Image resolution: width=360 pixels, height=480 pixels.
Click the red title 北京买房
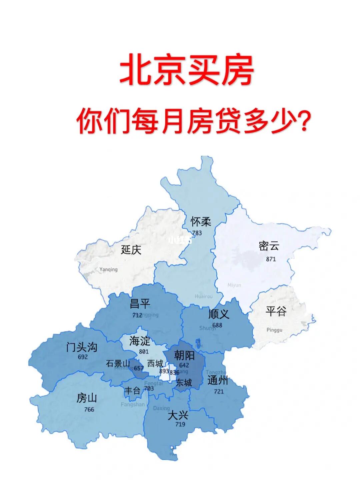tap(187, 71)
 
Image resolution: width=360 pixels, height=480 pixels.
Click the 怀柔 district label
tap(201, 221)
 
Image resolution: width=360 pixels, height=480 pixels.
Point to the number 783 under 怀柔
tap(197, 233)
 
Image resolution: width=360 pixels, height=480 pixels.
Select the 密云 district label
tap(269, 246)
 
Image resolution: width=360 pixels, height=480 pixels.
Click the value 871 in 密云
tap(271, 259)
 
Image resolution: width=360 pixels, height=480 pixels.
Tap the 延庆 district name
tap(131, 250)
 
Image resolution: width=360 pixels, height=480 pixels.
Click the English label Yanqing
tap(109, 269)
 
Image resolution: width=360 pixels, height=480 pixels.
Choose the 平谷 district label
tap(276, 312)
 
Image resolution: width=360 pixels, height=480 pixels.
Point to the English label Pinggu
tap(274, 330)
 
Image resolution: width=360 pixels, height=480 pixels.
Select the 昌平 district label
tap(140, 304)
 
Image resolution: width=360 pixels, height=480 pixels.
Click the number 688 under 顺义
tap(217, 325)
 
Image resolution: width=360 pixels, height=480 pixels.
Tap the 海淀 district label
tap(140, 341)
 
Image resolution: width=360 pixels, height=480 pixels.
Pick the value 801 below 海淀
tap(144, 352)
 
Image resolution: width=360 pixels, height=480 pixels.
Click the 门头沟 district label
tap(82, 347)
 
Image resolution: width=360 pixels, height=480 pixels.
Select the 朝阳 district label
tap(184, 355)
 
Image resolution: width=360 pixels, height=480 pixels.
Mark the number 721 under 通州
tap(219, 391)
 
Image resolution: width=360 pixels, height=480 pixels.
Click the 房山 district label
tap(87, 398)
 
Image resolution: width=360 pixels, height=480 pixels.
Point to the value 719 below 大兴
tap(180, 424)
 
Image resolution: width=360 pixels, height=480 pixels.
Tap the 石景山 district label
tap(118, 363)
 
